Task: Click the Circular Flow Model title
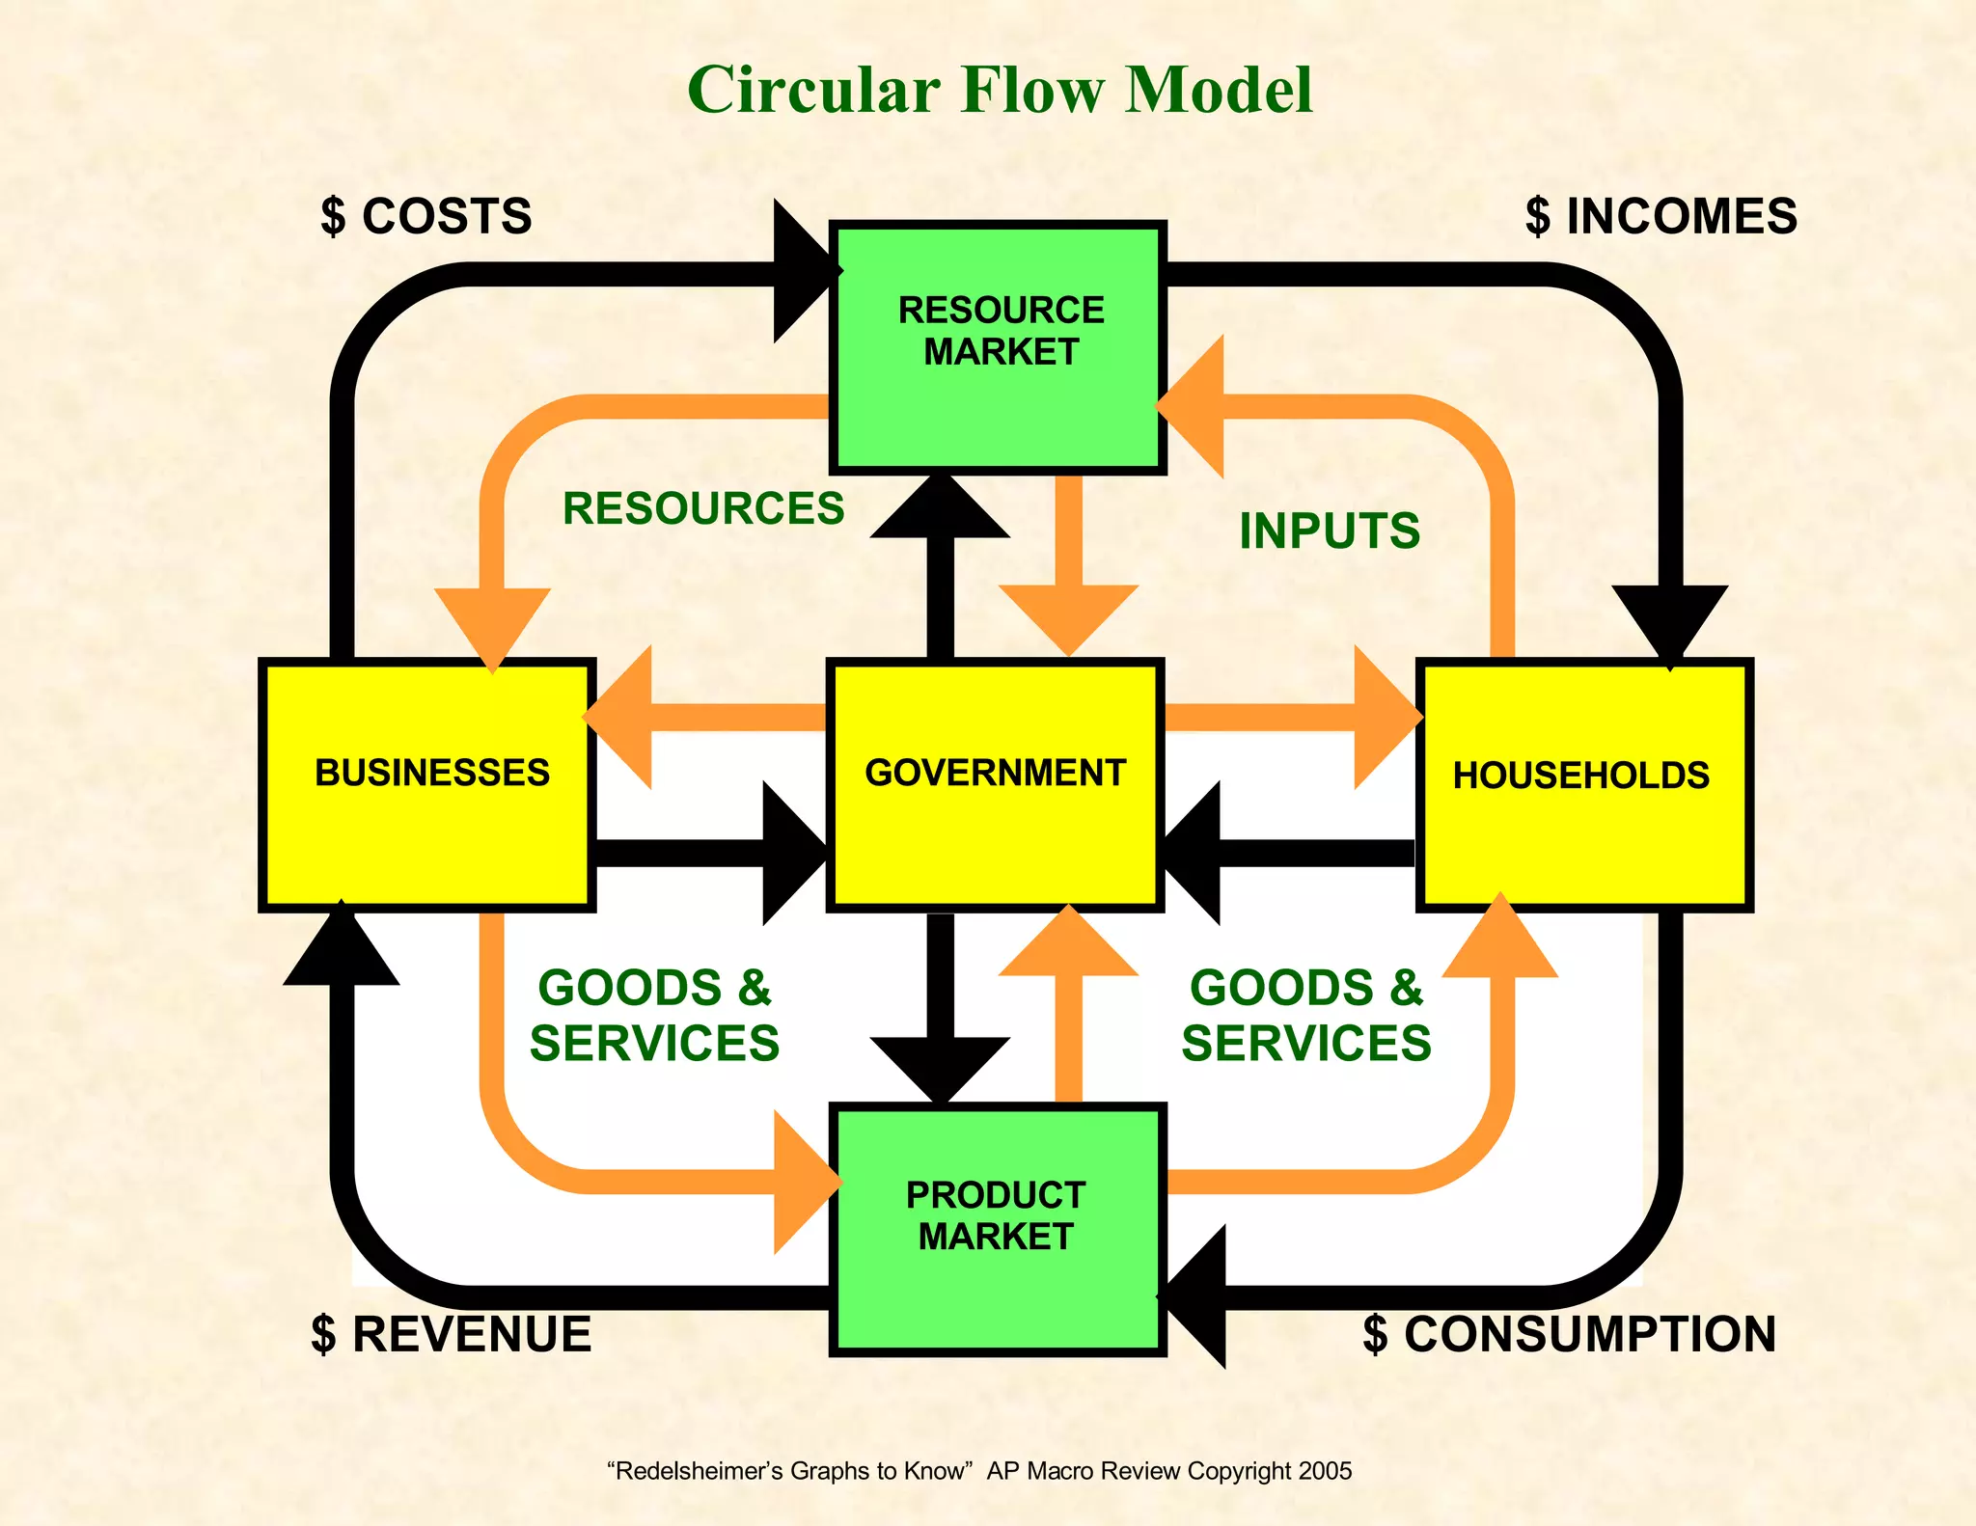pos(1000,90)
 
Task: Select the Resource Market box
pos(999,347)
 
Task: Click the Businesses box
pos(426,784)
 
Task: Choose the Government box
pos(995,784)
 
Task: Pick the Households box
pos(1583,784)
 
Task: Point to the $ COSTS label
pos(426,216)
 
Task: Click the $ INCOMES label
pos(1660,216)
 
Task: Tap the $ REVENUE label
pos(451,1335)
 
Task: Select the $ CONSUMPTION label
pos(1569,1335)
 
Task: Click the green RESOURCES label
pos(703,508)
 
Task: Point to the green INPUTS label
pos(1329,531)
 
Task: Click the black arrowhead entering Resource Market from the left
pos(803,272)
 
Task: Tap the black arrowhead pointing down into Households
pos(1670,622)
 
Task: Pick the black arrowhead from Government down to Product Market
pos(940,1066)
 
